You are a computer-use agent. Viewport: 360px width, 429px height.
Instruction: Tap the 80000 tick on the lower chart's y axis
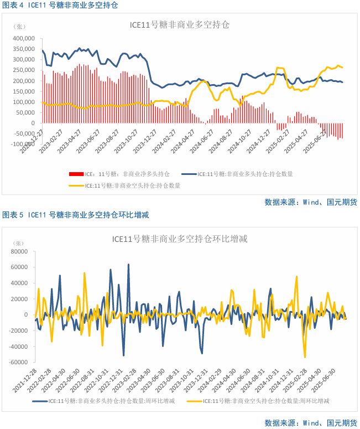[x=20, y=251]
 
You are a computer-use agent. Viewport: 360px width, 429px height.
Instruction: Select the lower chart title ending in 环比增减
[x=179, y=239]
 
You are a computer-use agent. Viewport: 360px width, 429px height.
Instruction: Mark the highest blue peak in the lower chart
[x=128, y=265]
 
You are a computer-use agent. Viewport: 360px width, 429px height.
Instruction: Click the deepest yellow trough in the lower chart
[x=305, y=357]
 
